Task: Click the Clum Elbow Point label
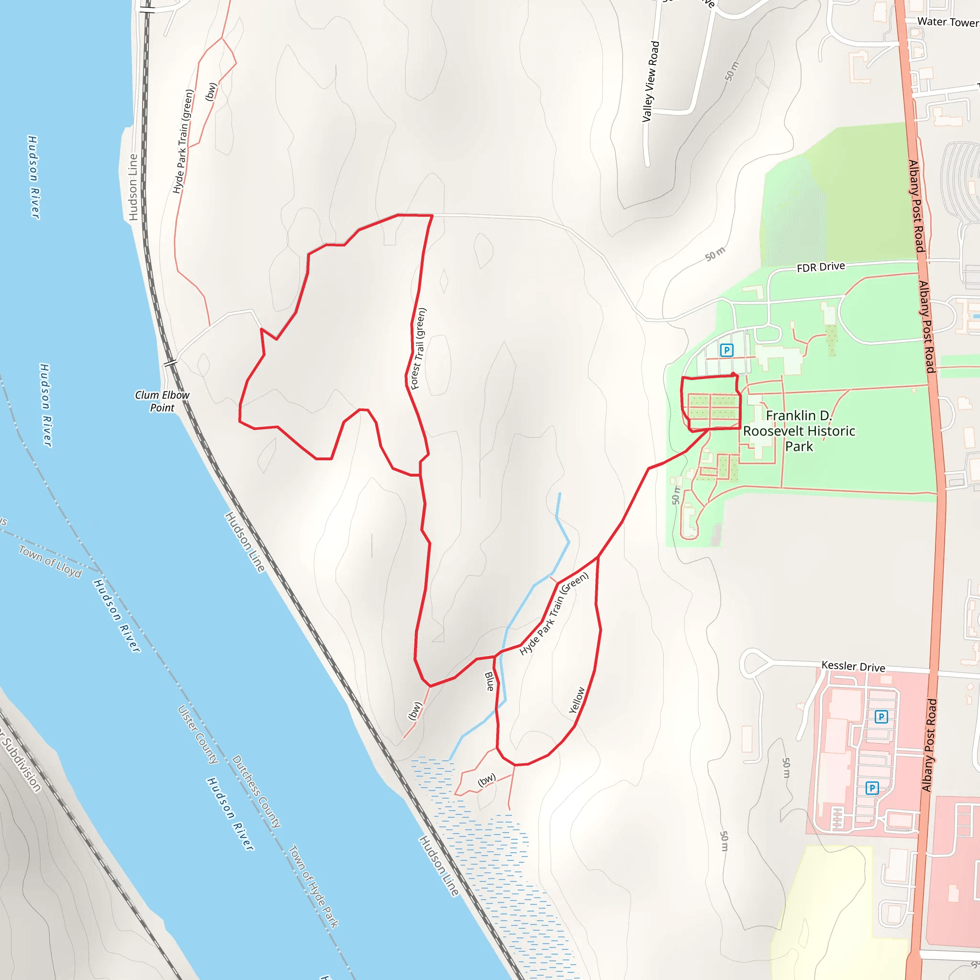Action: [x=162, y=401]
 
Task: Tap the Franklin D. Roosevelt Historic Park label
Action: [x=799, y=431]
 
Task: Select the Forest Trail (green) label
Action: [x=419, y=348]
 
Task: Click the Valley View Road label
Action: [x=650, y=81]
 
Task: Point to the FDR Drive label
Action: [x=821, y=267]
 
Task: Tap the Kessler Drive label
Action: [x=853, y=666]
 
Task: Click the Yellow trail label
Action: [x=577, y=700]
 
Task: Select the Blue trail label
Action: [x=490, y=681]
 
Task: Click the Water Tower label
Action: [x=947, y=22]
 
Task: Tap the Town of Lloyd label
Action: [x=50, y=561]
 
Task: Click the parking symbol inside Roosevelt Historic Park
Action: [x=726, y=350]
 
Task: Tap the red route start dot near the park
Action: [x=734, y=375]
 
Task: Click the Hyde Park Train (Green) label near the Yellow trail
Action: [x=554, y=613]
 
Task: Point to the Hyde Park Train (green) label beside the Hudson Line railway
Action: [x=183, y=142]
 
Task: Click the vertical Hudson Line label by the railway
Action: [x=133, y=187]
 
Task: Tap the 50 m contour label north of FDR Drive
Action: [x=715, y=254]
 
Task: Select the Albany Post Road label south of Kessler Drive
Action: [x=929, y=745]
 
